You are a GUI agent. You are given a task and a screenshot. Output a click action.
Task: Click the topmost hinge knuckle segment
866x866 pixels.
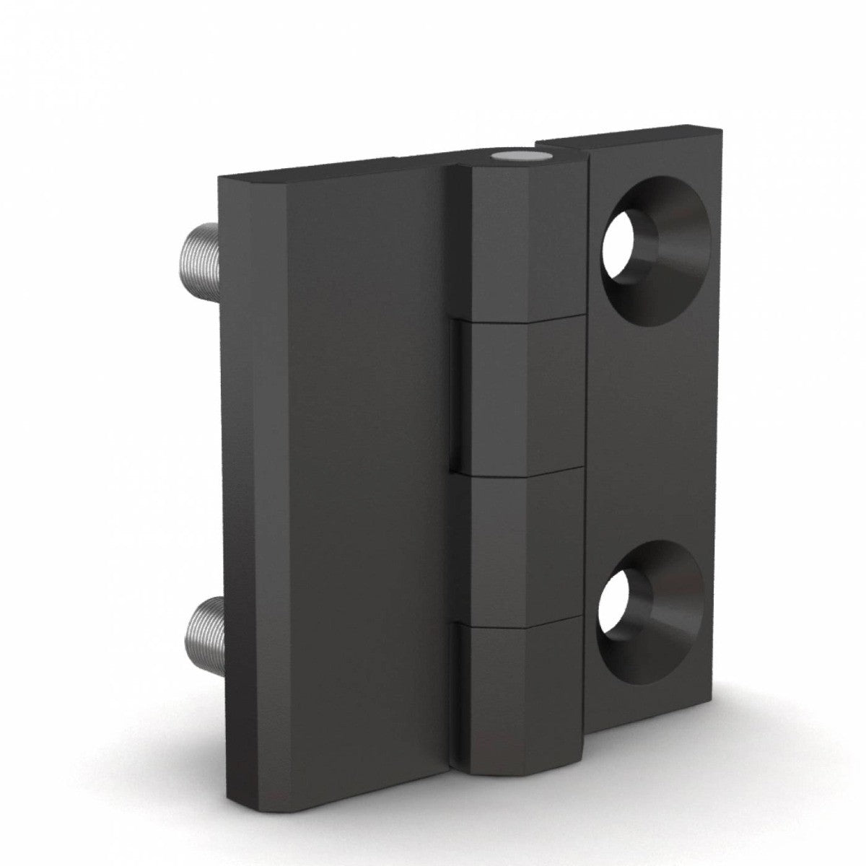(520, 238)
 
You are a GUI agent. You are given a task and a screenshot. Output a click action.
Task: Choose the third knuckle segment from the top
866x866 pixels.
(520, 545)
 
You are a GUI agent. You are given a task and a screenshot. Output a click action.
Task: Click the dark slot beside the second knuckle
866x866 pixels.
(456, 393)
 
